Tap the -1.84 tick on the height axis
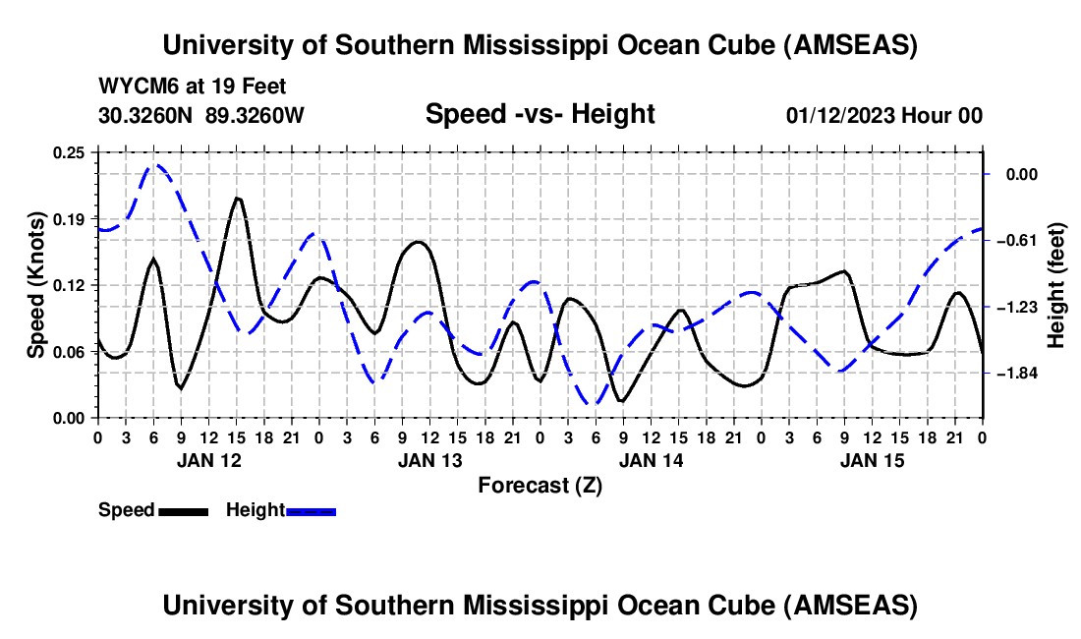1019,374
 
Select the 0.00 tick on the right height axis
1022,174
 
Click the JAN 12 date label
208,460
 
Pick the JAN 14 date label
652,460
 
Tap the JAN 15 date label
873,460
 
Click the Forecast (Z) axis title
540,485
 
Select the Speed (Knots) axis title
36,285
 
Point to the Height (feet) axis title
1057,285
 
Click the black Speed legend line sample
183,510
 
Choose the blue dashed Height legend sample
311,510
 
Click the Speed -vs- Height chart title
540,114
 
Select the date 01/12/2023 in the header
841,116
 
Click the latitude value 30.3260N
147,115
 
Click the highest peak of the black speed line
238,199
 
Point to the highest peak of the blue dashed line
155,165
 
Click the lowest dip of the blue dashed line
595,403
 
